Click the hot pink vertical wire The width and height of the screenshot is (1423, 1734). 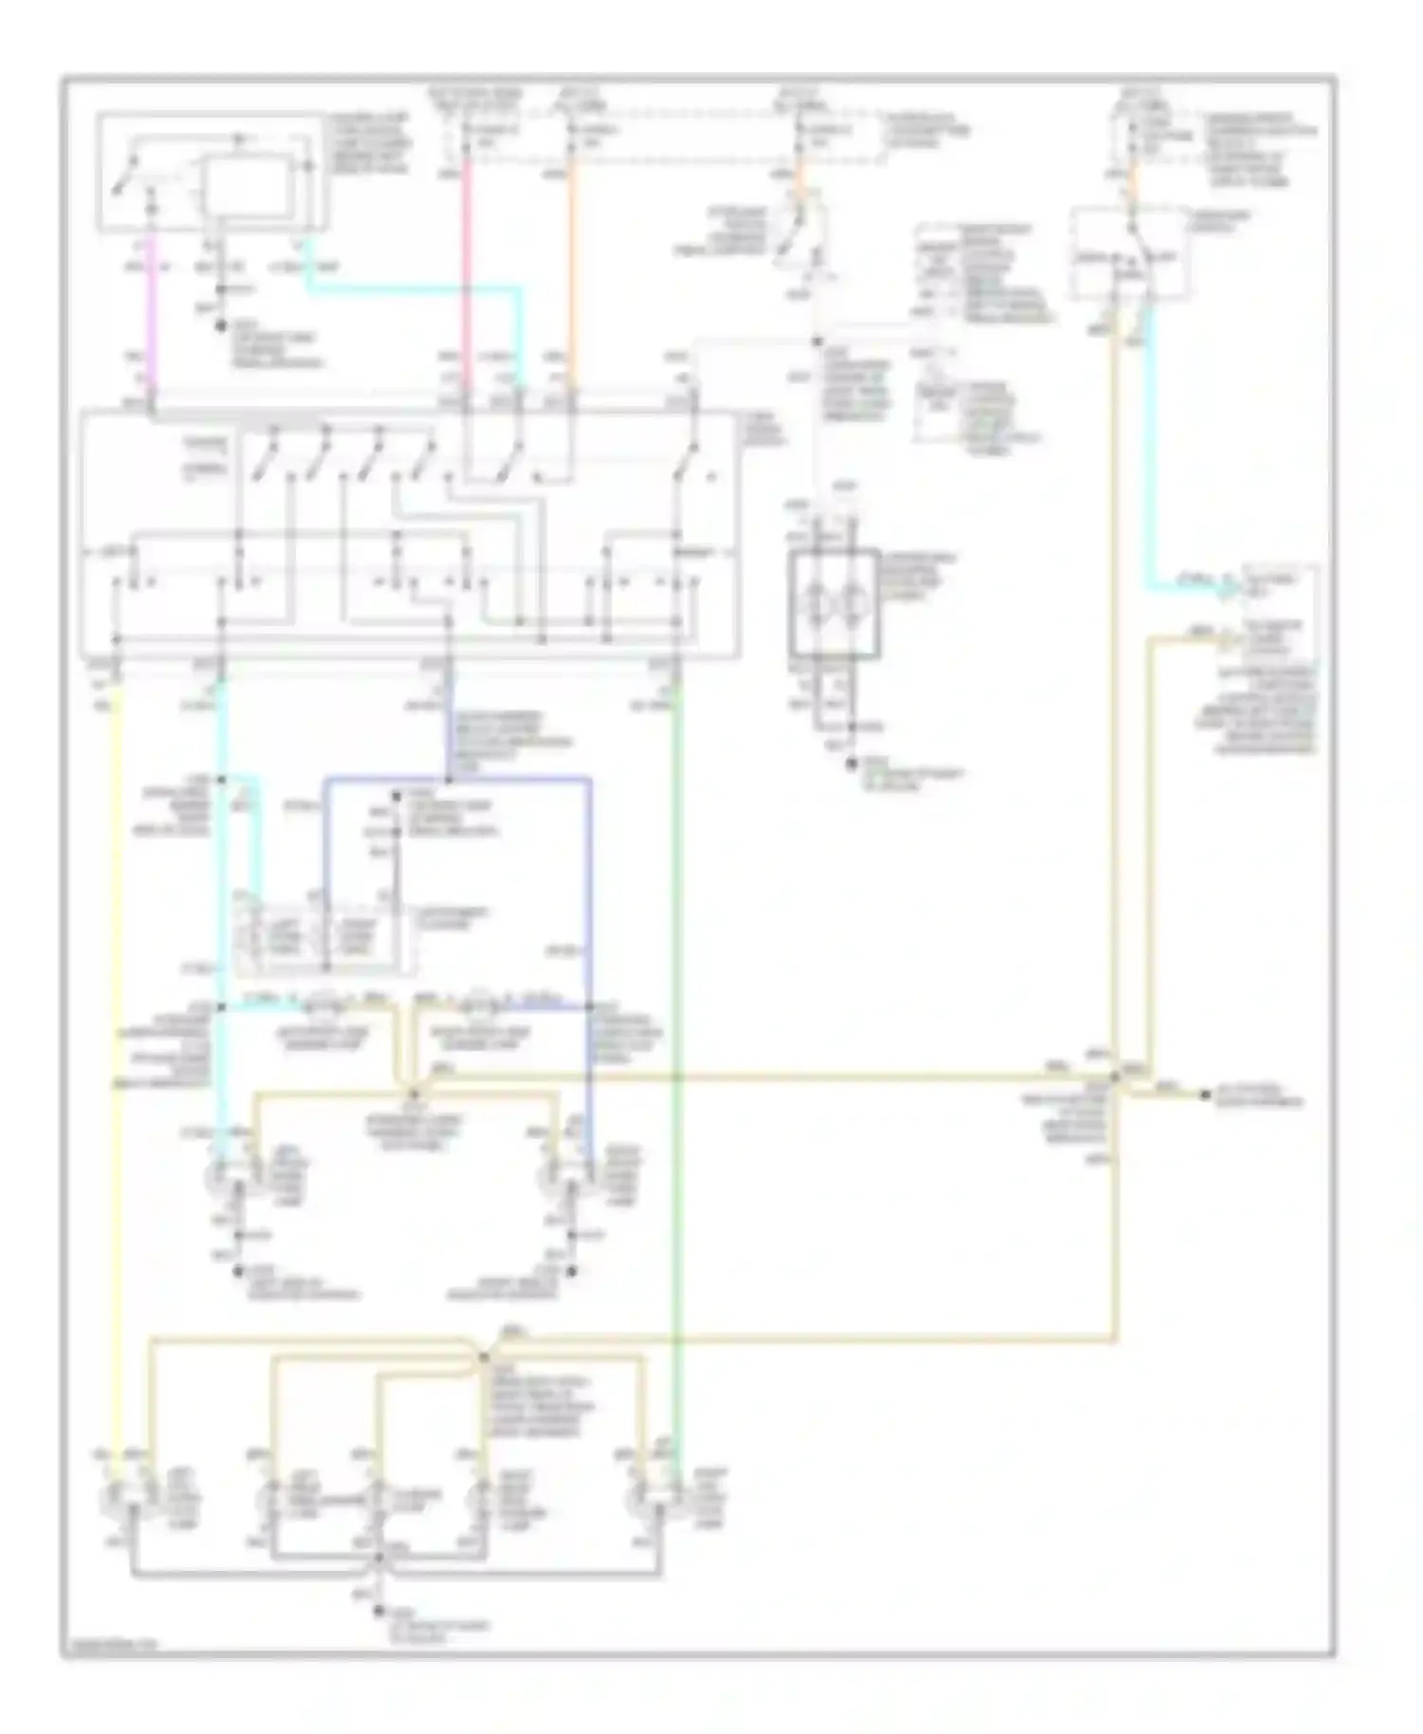tap(466, 266)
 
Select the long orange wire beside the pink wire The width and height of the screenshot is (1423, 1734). tap(571, 266)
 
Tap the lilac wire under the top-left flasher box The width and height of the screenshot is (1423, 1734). tap(153, 313)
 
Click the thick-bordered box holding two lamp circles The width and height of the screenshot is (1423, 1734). tap(834, 603)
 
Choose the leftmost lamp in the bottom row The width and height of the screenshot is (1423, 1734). tap(119, 1500)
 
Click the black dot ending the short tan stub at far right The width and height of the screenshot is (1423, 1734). tap(1206, 1096)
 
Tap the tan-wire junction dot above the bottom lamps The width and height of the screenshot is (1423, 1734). tap(484, 1357)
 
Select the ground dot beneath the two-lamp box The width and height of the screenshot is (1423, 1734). tap(851, 761)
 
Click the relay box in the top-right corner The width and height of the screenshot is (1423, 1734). tap(1129, 254)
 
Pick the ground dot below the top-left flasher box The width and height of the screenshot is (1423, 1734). tap(221, 325)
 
